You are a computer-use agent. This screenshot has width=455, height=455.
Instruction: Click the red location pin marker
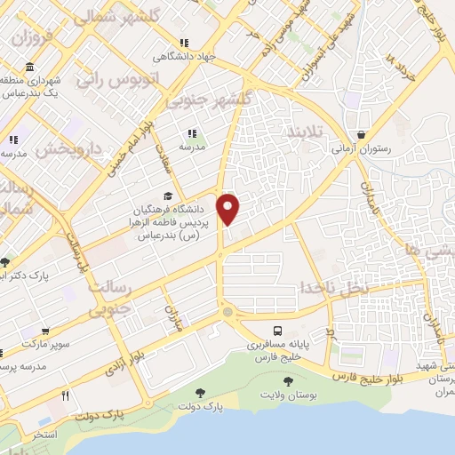[228, 209]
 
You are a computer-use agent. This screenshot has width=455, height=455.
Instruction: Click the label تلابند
[306, 132]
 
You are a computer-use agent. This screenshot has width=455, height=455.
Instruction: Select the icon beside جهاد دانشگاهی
[183, 43]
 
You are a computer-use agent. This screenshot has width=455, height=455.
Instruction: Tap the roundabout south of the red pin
[228, 312]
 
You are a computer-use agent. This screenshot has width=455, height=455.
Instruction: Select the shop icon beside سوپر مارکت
[6, 342]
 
